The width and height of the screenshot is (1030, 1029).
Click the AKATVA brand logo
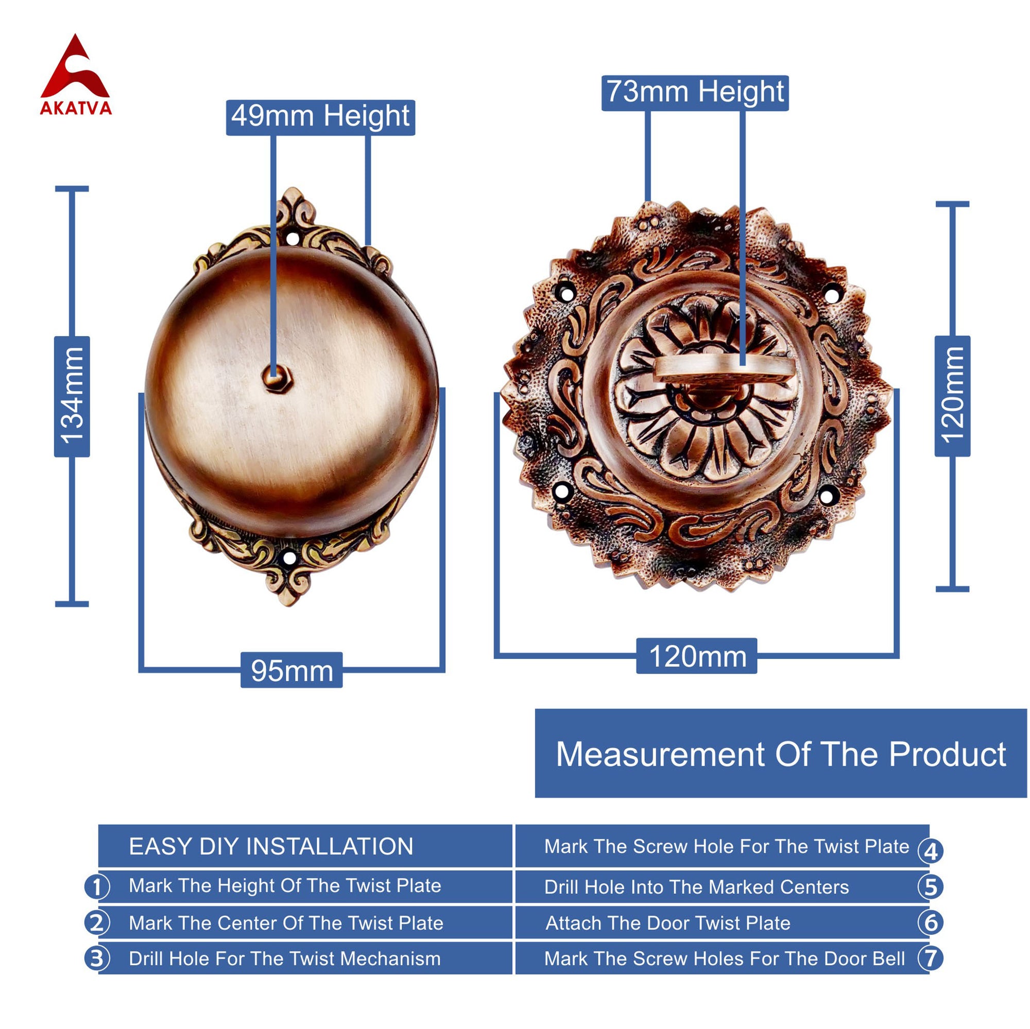click(x=76, y=75)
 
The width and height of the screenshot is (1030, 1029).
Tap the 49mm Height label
click(x=320, y=117)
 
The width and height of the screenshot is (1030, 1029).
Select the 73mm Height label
click(x=695, y=93)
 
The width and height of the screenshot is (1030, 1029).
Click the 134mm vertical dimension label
click(x=72, y=396)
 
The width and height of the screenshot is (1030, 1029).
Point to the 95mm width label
click(x=291, y=670)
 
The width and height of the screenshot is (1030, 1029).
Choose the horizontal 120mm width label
click(x=697, y=656)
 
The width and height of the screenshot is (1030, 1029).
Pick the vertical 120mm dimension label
click(x=952, y=396)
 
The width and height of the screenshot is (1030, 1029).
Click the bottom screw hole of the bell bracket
click(x=289, y=559)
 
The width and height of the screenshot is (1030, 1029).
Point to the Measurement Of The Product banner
click(x=781, y=753)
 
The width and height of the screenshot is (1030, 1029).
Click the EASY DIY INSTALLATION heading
click(x=271, y=847)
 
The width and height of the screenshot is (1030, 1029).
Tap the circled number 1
click(x=97, y=887)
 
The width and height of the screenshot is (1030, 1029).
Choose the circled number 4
click(x=930, y=851)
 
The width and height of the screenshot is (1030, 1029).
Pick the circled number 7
click(x=930, y=958)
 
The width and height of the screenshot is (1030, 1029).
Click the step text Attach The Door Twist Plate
click(x=667, y=923)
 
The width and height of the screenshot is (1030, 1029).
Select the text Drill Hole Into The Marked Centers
click(x=696, y=887)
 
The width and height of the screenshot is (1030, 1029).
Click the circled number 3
click(x=97, y=958)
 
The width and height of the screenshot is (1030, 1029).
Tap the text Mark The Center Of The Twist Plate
click(x=286, y=923)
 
